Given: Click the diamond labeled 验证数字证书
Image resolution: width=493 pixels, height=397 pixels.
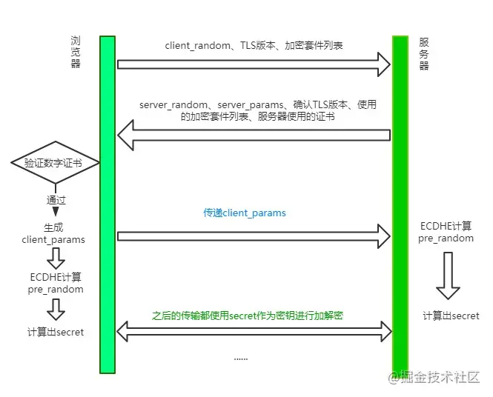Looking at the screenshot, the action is pos(56,162).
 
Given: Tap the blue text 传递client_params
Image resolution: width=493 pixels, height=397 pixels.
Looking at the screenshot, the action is pos(245,213).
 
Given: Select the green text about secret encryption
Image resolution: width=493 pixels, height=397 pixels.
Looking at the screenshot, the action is pos(247,316).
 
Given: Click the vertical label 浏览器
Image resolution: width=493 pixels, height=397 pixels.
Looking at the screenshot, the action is pos(76,52).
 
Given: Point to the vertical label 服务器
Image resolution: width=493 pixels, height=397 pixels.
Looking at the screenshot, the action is pos(424,54).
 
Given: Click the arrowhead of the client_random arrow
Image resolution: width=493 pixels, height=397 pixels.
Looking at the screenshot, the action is pos(384,64).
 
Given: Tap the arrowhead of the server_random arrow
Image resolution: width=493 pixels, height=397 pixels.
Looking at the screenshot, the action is pos(125,135).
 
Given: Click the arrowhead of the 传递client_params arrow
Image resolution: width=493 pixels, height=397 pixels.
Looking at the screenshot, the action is pos(384,236).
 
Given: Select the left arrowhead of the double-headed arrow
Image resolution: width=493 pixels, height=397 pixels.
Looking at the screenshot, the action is pos(122,331).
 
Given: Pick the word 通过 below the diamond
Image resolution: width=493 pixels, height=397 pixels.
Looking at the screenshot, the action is pos(56,200).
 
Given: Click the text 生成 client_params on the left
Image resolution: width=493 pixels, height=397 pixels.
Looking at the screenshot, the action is pos(53,233).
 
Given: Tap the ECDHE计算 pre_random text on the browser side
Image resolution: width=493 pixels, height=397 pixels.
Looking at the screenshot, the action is pos(56,283).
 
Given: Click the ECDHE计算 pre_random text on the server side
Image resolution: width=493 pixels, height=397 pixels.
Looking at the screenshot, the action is pos(446,232).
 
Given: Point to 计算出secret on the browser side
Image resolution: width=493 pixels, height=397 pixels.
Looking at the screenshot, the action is pos(56,332).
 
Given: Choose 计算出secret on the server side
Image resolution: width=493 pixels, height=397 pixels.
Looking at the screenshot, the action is pos(451,316).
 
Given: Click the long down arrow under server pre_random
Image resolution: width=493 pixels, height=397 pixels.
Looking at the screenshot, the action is pos(448,276).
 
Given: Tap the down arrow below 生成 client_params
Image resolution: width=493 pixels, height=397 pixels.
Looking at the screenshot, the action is pos(56,258).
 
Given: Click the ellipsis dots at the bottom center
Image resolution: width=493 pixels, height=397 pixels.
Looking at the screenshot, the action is pos(241,358).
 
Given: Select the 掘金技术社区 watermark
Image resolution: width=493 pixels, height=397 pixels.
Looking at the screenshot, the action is pos(434,377).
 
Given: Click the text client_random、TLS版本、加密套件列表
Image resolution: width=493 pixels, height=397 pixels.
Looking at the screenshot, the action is pos(254,45).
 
